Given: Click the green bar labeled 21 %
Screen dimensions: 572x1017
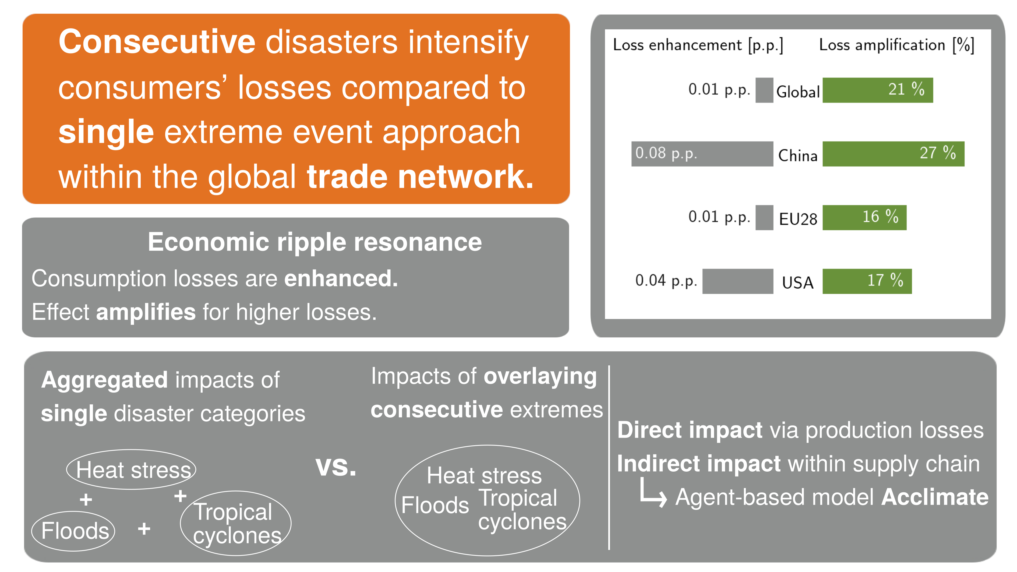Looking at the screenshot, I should (877, 90).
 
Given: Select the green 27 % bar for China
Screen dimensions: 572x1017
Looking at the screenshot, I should (893, 154).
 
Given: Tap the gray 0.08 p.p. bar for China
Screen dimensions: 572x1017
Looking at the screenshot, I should (702, 154).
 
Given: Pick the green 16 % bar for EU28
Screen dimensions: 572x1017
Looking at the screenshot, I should (864, 217).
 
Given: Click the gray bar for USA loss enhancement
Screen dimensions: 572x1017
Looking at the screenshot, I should (737, 281).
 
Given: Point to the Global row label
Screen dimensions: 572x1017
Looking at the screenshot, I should (797, 91).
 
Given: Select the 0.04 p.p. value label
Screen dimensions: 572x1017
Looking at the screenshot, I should (666, 281).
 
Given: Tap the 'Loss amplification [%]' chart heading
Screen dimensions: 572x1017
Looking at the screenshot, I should (896, 45).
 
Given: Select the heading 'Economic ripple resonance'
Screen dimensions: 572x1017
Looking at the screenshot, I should (315, 242).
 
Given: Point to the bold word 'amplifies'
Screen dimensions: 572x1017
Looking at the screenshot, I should (146, 312).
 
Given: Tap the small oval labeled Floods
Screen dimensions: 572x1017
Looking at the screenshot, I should (74, 531).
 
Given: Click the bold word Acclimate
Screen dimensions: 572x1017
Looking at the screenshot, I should (934, 497).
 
